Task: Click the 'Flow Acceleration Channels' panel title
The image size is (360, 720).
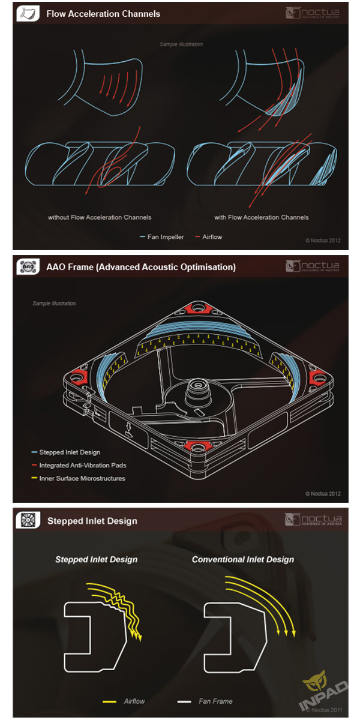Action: click(103, 14)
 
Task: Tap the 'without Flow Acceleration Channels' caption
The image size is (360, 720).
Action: click(100, 217)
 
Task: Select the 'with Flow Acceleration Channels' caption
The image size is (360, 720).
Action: click(262, 217)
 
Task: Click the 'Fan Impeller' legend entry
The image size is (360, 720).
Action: click(162, 237)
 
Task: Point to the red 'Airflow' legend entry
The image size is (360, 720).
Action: click(209, 237)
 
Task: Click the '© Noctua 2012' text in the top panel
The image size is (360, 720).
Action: click(323, 240)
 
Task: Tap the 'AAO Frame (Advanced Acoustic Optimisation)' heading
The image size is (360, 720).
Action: click(141, 267)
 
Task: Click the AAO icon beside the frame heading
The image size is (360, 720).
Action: click(28, 266)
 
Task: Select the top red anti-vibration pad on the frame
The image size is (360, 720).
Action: click(196, 308)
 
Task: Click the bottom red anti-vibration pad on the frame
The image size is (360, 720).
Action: click(196, 446)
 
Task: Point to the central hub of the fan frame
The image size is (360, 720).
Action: click(197, 389)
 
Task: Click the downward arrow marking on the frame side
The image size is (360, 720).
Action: click(129, 430)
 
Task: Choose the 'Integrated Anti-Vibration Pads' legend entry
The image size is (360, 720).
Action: click(79, 465)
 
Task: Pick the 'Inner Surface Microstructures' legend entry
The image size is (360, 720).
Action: click(78, 478)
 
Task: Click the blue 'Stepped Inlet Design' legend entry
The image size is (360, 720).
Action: click(66, 452)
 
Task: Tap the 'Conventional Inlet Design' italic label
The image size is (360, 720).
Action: click(243, 560)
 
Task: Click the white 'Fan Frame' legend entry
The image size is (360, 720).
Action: click(205, 701)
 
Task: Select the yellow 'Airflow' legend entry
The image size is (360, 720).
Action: click(124, 701)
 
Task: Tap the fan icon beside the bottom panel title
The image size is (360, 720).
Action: click(28, 520)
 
